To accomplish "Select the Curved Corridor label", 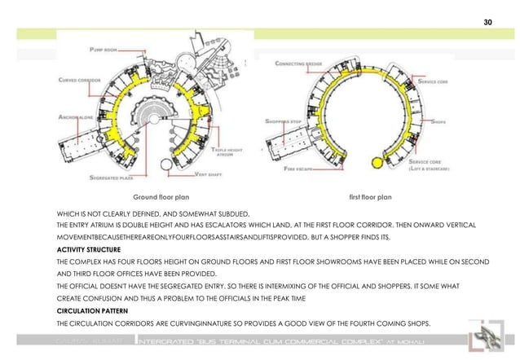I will (x=79, y=81).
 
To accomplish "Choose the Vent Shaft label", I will (x=206, y=174).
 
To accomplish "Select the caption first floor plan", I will (x=370, y=197).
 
